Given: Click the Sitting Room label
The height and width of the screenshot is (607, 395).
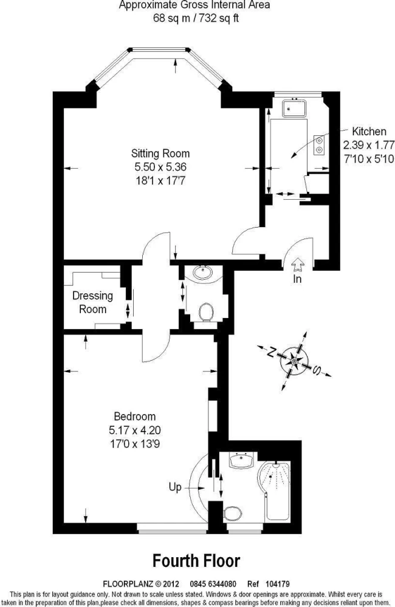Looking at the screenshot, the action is click(x=160, y=154).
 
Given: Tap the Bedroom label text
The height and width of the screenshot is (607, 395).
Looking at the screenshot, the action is click(x=134, y=416).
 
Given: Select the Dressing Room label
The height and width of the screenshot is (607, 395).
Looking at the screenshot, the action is click(x=92, y=302).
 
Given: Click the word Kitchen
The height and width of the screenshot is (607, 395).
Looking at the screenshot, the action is click(x=369, y=131).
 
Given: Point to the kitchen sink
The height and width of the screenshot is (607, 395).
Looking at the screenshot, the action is click(x=294, y=108).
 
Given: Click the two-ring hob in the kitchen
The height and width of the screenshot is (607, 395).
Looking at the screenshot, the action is click(x=320, y=145).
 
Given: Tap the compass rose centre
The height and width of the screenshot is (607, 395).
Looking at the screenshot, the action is click(x=294, y=361).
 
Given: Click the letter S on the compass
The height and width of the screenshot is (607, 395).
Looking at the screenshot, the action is click(x=317, y=370).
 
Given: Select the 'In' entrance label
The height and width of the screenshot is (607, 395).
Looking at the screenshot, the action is click(x=297, y=279).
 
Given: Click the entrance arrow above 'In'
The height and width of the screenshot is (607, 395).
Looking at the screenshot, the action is click(x=297, y=265).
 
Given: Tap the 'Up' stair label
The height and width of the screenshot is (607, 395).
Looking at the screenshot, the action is click(x=175, y=487).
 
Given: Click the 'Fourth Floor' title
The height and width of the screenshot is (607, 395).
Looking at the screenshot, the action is click(x=196, y=560).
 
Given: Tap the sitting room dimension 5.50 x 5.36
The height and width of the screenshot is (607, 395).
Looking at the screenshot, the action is click(x=160, y=167).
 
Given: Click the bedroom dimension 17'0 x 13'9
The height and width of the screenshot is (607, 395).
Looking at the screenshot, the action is click(x=134, y=443).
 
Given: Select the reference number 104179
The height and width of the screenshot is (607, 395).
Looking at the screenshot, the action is click(x=278, y=583).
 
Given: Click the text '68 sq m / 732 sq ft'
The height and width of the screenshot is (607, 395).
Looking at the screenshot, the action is click(x=196, y=18).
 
